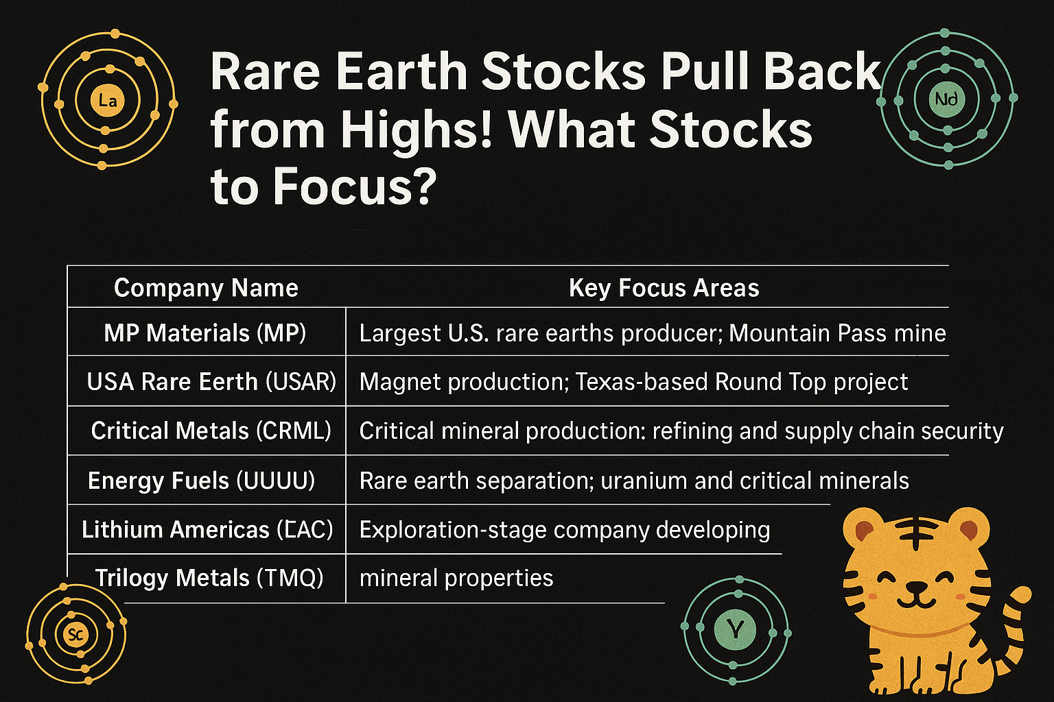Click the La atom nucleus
tap(107, 100)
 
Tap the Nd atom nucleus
tap(946, 99)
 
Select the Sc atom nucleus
tap(75, 635)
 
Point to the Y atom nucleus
tap(735, 629)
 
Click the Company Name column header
tap(206, 288)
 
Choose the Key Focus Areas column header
tap(664, 288)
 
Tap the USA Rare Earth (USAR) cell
tap(211, 381)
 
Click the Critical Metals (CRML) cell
tap(211, 431)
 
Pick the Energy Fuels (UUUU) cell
tap(201, 481)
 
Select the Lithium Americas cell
tap(207, 529)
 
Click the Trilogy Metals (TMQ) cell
tap(209, 578)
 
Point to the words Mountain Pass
tap(808, 333)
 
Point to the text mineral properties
tap(456, 579)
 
